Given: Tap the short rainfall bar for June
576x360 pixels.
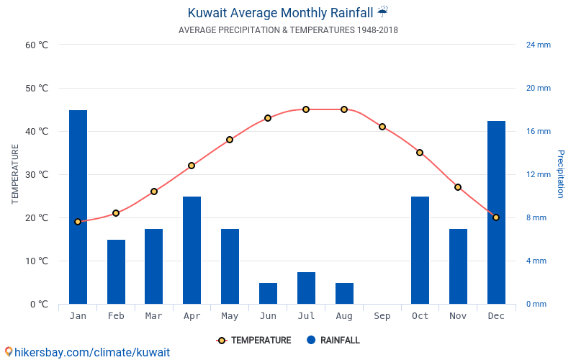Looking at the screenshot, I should (268, 293).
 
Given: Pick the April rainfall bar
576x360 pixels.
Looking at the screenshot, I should (192, 250).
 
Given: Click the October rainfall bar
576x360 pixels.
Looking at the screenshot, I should (420, 250).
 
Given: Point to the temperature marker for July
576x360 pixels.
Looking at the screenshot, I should (306, 109).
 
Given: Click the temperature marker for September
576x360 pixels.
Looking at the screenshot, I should (382, 127).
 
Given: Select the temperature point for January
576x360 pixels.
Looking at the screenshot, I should (78, 222).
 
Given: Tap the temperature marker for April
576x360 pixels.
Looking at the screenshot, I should (192, 166).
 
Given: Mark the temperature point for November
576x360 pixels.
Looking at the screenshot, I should (458, 187).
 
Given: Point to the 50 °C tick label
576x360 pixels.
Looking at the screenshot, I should (37, 89).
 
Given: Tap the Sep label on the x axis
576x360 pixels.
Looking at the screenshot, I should (382, 316).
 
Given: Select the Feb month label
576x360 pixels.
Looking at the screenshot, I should (116, 316).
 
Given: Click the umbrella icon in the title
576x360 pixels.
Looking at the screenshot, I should (382, 12).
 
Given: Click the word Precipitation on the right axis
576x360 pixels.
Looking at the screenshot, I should (560, 174).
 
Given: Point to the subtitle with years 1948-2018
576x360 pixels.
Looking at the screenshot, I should (288, 30).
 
